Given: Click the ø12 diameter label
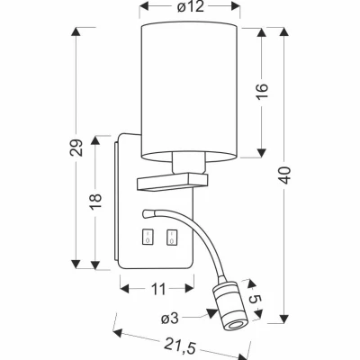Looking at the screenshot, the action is coord(190,6).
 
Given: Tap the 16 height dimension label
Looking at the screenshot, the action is coord(262,92).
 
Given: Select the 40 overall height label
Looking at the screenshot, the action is coord(284,175).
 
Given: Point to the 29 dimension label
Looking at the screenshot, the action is coord(76,148).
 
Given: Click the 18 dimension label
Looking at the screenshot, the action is coord(95,202).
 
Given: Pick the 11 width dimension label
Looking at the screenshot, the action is coord(158,289).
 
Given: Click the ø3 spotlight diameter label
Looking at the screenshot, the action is coord(170,319).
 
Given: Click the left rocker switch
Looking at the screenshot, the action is coord(147,238).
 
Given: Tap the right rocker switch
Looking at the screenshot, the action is coord(172,238).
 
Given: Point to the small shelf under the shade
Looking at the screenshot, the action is coord(172,182).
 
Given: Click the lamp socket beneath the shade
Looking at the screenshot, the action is coord(189,163).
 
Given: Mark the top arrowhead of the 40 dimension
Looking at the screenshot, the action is coord(284,31).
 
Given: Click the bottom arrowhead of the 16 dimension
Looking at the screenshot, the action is coord(262,153).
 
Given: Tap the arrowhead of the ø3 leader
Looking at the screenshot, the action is coord(212,313).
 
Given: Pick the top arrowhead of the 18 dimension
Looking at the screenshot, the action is coord(95,140).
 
